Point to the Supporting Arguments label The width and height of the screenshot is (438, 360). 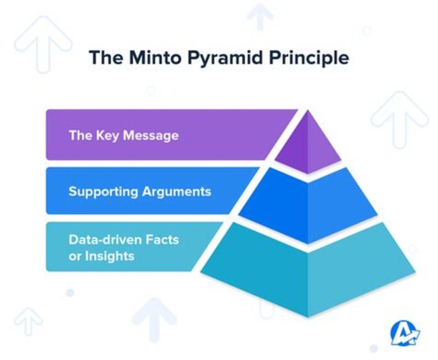click(x=140, y=192)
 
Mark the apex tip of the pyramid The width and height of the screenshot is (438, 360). click(x=308, y=111)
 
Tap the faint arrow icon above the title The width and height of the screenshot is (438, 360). click(x=260, y=16)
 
